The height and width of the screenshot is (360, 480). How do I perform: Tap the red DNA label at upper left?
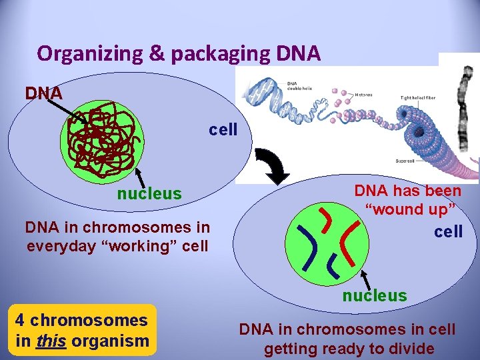[44, 93]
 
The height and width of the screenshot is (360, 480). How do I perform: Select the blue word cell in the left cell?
[223, 129]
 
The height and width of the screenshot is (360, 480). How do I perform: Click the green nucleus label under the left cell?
[149, 194]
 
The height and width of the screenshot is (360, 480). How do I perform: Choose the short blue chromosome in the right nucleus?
[333, 267]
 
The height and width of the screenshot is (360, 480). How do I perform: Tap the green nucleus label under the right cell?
[374, 295]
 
